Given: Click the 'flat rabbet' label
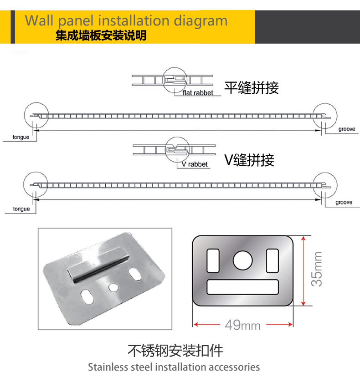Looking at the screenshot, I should point(198,93).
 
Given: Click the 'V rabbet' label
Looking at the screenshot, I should point(195,164).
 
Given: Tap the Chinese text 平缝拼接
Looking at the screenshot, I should point(251,87).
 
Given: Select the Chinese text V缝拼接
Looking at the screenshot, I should point(249,160).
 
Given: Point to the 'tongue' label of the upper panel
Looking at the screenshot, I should point(21,137).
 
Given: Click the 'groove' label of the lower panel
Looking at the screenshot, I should point(344,202).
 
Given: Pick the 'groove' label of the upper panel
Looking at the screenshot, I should point(346,129).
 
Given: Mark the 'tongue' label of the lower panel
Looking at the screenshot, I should point(21,209).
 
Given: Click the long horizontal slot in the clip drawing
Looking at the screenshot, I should point(242,287).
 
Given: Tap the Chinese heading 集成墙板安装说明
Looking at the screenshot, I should point(101,36).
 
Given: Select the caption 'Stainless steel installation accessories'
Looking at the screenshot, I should point(174,367).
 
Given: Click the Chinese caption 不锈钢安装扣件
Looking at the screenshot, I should point(175,351).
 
